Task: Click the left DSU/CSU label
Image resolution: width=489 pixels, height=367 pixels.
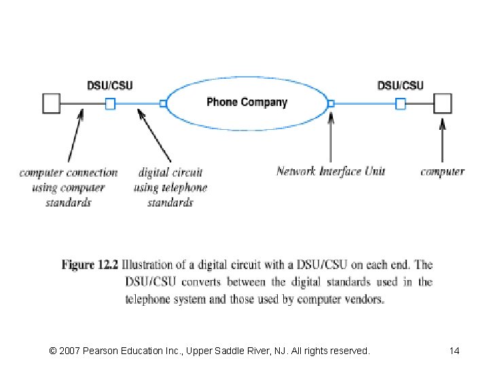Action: (x=109, y=86)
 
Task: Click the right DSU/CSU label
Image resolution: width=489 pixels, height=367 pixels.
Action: (x=400, y=86)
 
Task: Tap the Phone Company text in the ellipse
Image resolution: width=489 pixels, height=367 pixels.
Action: (x=247, y=103)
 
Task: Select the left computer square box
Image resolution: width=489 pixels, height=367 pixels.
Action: (x=52, y=103)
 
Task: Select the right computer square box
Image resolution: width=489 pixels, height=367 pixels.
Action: (x=443, y=103)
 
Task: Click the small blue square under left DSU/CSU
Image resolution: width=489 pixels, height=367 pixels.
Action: (x=110, y=103)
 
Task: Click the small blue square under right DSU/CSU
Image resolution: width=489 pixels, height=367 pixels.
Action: (x=401, y=103)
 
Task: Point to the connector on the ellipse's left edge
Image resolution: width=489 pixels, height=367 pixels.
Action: (x=163, y=103)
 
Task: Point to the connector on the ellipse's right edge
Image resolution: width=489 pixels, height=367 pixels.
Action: (x=331, y=103)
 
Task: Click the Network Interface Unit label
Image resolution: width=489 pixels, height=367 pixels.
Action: (x=330, y=171)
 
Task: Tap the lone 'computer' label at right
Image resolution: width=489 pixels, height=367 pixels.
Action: (x=442, y=172)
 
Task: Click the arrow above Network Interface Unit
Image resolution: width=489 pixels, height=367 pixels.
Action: (x=331, y=139)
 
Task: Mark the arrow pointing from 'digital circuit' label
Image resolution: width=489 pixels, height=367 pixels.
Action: (x=155, y=137)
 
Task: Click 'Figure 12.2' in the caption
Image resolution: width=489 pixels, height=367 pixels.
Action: (x=90, y=265)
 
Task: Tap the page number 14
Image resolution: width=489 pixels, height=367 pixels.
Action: (x=454, y=351)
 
